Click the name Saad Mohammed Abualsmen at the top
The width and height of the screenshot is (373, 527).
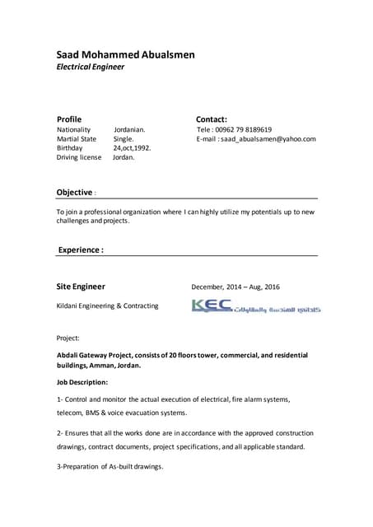click(x=125, y=54)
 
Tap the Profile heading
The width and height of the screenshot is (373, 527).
click(x=68, y=119)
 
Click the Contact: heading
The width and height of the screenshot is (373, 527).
click(x=212, y=119)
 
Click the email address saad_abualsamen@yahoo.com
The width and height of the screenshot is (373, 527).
click(x=264, y=139)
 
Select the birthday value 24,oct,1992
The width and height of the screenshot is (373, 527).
click(x=133, y=148)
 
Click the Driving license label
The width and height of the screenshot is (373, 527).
click(x=79, y=157)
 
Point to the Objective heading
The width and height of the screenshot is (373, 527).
click(x=74, y=193)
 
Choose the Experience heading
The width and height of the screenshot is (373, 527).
click(x=80, y=249)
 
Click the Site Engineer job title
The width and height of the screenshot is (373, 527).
click(x=81, y=287)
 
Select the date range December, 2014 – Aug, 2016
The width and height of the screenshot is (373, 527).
click(x=235, y=287)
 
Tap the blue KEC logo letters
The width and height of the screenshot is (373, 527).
click(x=211, y=306)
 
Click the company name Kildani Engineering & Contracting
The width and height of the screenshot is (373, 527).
click(x=108, y=306)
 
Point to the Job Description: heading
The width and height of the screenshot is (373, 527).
click(x=82, y=382)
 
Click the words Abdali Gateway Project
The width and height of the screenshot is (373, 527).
click(x=102, y=355)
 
